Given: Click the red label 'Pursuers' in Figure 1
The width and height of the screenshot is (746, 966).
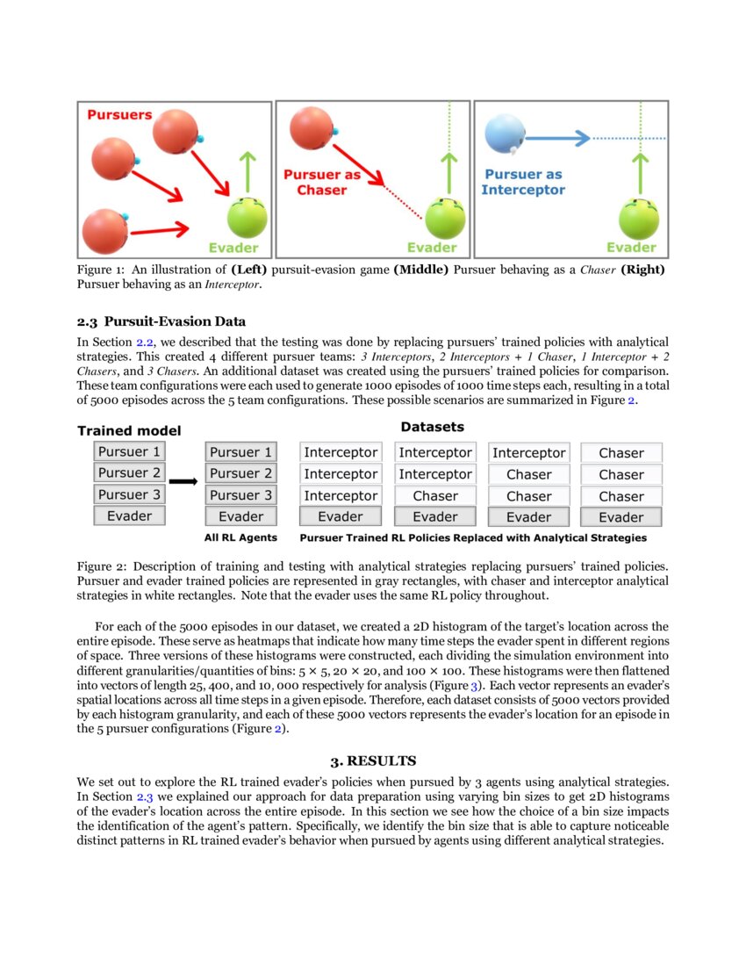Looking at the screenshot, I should (118, 115).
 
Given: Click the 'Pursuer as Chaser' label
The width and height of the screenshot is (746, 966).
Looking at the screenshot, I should (321, 183).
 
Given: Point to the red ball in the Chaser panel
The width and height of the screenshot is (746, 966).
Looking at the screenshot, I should (309, 126).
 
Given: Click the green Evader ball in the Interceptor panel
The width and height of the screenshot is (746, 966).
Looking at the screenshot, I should (639, 219).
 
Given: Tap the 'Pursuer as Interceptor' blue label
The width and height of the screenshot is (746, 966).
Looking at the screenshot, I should (523, 183).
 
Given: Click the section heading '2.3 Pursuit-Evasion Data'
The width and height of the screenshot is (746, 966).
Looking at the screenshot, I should (161, 321).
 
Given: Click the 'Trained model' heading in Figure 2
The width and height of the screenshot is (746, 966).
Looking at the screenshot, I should (129, 430).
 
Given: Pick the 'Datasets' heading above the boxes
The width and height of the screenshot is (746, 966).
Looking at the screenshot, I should (432, 427).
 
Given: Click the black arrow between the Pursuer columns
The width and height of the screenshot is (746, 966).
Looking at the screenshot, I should (182, 481).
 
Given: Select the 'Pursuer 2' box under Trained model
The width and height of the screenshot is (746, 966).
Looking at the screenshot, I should (129, 473).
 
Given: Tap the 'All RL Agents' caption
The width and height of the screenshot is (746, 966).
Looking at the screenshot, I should (240, 537).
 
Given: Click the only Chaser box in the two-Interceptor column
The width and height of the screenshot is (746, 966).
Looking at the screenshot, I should (434, 496).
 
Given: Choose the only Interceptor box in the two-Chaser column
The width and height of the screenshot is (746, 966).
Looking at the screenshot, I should (528, 453).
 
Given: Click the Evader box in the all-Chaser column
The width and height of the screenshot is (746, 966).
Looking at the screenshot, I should (621, 517).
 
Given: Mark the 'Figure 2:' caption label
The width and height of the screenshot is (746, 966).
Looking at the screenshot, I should (102, 566).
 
